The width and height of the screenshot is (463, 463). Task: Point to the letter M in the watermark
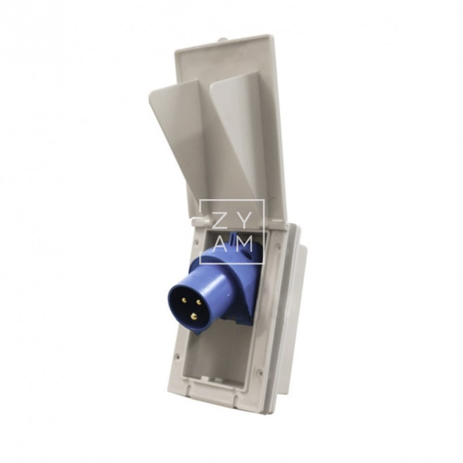coord(245,244)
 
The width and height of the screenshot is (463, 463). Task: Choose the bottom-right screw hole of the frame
coord(260,373)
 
